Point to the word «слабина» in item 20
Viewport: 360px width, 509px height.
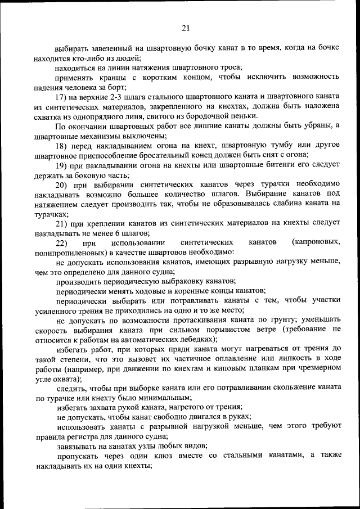point(279,203)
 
